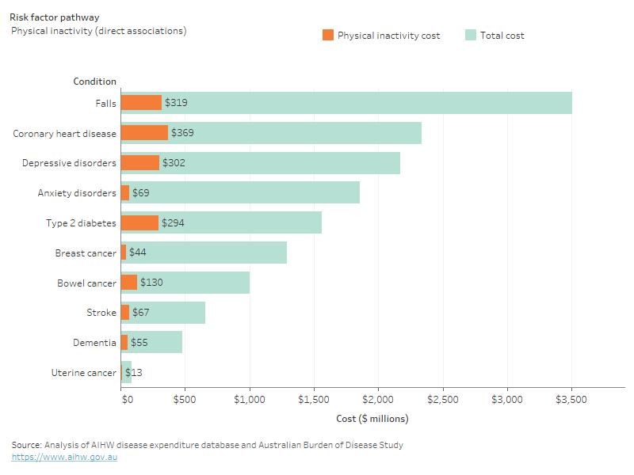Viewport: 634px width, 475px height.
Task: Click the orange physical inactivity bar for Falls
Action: tap(141, 103)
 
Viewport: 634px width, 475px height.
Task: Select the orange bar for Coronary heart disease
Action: tap(144, 133)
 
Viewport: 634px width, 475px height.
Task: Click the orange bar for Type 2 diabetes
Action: tap(139, 222)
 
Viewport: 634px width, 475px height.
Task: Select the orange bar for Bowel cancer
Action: tap(129, 283)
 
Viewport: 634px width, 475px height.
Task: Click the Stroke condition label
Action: tap(101, 313)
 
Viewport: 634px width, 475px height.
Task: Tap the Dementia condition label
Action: tap(95, 343)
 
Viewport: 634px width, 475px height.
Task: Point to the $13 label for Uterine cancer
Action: tap(133, 372)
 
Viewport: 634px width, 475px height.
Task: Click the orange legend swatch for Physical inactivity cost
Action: tap(328, 35)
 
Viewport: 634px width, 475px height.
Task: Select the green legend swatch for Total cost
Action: tap(470, 35)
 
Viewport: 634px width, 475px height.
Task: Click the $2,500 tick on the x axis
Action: tap(442, 400)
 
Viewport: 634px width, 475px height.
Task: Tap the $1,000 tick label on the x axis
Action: tap(250, 400)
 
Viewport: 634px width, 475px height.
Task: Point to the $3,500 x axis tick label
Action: tap(571, 400)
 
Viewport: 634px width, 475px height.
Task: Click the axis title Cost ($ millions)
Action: tap(372, 419)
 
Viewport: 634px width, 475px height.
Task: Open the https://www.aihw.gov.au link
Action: tap(64, 458)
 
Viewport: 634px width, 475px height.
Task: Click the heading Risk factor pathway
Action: tap(55, 17)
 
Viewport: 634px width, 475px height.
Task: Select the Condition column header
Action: tap(94, 82)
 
